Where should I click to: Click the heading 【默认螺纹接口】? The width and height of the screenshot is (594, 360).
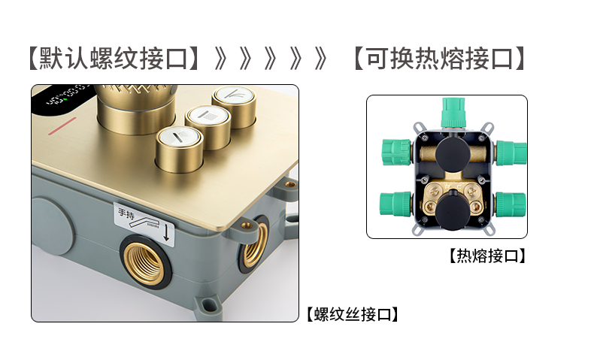click(x=114, y=59)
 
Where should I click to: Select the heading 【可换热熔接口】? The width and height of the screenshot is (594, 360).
click(x=439, y=59)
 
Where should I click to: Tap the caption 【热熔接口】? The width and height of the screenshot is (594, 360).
click(x=487, y=256)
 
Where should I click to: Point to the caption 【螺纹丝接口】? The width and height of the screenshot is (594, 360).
click(x=353, y=315)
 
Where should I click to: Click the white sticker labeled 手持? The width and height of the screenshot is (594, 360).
click(x=144, y=224)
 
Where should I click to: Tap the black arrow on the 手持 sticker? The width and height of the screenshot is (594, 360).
click(x=166, y=233)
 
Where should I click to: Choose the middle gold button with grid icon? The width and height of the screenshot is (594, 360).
click(x=208, y=127)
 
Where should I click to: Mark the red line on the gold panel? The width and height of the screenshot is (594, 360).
click(x=62, y=126)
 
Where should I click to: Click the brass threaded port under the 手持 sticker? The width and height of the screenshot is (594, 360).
click(x=146, y=262)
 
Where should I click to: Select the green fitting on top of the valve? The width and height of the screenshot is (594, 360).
click(x=453, y=113)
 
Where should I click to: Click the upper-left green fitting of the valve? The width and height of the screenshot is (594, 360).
click(x=396, y=152)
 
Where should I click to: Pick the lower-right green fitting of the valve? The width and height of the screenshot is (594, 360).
click(x=511, y=204)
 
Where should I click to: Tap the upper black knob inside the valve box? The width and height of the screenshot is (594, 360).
click(x=453, y=154)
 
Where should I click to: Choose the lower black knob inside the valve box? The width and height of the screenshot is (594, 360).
click(x=453, y=210)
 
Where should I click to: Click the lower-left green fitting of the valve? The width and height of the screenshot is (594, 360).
click(x=395, y=204)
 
